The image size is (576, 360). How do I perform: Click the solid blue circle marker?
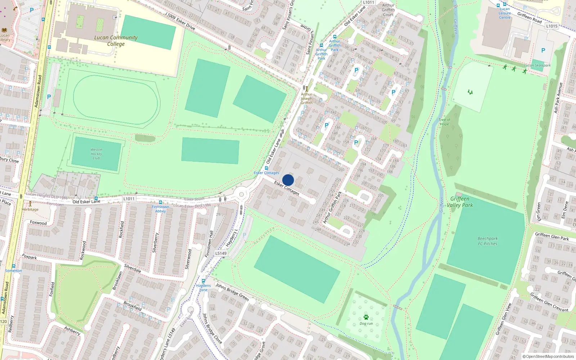point(288,180)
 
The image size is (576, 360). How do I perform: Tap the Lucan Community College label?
point(116,41)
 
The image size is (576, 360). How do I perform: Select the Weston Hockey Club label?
point(96,154)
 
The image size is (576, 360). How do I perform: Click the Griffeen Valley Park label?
point(460,202)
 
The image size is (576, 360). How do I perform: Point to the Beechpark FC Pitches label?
point(487,241)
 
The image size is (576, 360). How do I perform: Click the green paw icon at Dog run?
point(366,317)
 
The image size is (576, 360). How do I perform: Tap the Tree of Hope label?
point(444,122)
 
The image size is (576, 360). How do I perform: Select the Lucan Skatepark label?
point(537,66)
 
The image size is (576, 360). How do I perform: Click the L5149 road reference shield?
point(221,253)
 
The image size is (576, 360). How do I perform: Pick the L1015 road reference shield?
point(552,26)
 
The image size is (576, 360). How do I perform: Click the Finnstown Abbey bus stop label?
point(160,209)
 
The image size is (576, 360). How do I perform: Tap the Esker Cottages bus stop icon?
point(266,168)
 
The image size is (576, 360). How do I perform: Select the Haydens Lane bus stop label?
point(203,288)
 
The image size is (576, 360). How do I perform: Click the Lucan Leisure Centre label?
point(504,13)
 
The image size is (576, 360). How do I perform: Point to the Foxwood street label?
point(38,223)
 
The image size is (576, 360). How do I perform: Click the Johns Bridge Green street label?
point(232,292)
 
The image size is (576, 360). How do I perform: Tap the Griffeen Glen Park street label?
point(552,237)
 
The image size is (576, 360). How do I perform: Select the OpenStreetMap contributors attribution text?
point(548,357)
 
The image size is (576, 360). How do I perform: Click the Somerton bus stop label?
point(13,271)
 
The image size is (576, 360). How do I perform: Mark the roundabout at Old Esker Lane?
point(241,194)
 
